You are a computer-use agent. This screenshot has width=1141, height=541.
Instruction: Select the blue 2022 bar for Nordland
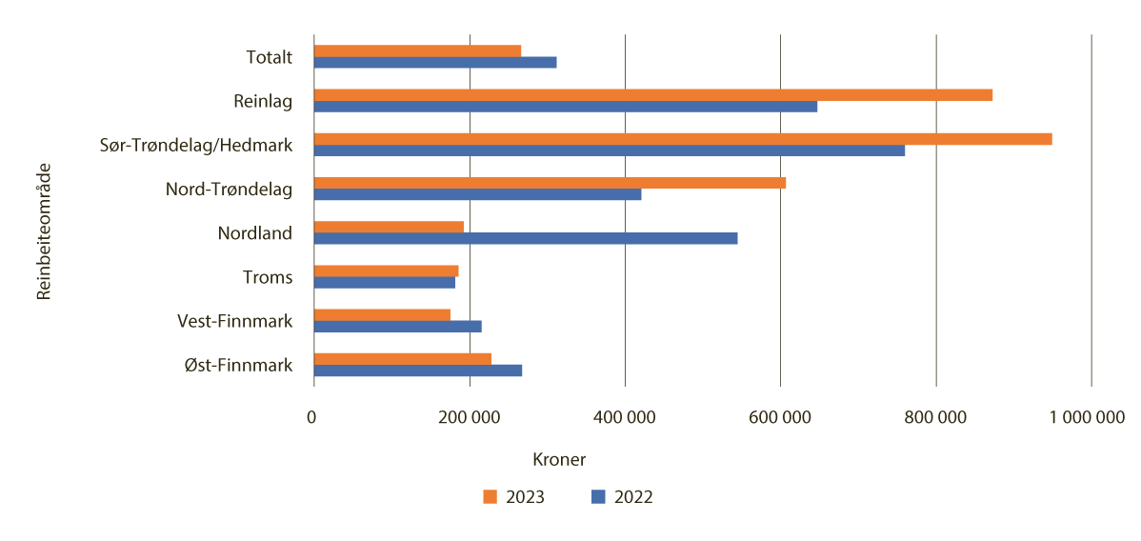[526, 238]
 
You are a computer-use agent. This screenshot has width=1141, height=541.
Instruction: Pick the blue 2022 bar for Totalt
[435, 62]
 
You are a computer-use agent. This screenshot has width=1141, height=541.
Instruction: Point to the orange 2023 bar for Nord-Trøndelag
[550, 183]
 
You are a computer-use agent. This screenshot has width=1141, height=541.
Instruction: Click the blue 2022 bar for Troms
[385, 282]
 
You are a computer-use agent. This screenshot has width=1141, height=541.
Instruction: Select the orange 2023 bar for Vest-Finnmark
[382, 314]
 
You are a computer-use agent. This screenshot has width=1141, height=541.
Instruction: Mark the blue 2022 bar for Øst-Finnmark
[418, 371]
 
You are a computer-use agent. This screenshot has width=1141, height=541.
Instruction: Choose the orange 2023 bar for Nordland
[389, 227]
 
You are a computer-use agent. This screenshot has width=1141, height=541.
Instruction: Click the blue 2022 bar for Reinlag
[566, 106]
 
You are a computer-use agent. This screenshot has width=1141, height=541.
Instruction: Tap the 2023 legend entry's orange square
[490, 496]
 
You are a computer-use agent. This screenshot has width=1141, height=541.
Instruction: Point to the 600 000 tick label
[780, 417]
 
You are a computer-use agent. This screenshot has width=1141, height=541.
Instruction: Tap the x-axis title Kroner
[558, 459]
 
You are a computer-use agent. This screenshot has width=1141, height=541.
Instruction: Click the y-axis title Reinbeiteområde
[43, 231]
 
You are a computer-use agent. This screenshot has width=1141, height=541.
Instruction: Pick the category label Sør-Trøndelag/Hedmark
[196, 145]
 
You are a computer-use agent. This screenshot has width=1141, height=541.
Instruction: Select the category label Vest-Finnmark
[234, 321]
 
